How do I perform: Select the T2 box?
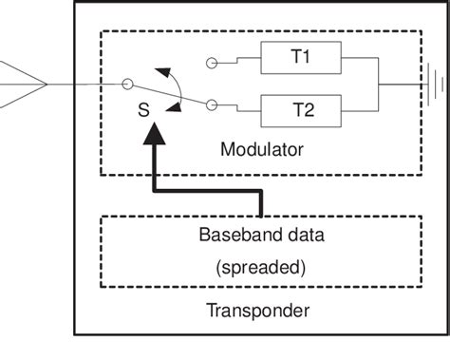(x=301, y=108)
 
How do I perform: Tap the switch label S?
(x=143, y=110)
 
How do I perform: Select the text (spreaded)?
(x=260, y=268)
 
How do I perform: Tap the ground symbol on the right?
(x=434, y=83)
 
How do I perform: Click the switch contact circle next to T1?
(x=212, y=66)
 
